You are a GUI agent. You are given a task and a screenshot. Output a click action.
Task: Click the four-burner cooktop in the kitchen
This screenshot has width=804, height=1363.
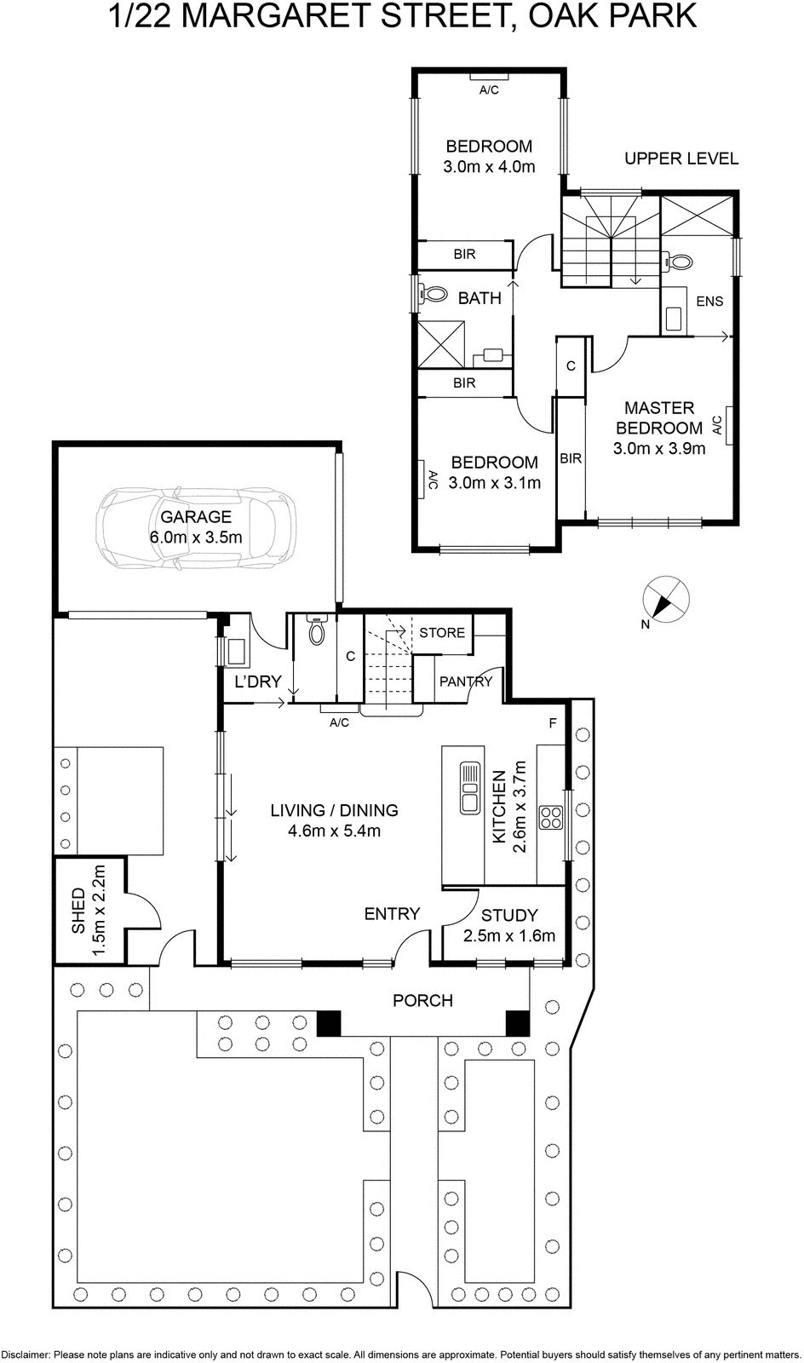pos(552,817)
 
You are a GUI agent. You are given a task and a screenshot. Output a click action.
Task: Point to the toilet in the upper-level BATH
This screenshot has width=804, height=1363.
pos(434,295)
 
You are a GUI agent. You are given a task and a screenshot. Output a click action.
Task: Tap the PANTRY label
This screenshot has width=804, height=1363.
pos(466,681)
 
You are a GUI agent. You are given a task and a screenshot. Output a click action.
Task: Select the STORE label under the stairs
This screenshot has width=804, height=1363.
pos(442,632)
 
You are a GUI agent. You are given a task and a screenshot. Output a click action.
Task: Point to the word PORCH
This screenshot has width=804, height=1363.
pos(422,1000)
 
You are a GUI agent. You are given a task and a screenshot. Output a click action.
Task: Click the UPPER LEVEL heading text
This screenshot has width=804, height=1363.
pos(681,158)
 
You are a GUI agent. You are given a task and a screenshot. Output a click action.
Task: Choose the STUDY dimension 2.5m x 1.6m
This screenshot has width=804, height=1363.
pos(509,935)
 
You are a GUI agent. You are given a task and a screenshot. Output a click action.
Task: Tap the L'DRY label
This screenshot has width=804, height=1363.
pos(258,681)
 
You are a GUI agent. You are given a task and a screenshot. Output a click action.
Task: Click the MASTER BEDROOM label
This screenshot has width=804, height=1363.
pos(659,417)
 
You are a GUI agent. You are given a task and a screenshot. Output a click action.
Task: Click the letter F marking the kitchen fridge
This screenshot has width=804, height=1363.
pos(552,724)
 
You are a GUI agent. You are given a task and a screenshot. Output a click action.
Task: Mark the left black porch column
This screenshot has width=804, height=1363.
pos(329,1022)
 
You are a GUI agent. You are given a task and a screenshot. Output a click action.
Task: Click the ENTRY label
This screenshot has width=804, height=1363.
pos(392,913)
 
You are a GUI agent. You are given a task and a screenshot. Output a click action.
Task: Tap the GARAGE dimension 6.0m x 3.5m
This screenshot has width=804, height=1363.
pos(197,537)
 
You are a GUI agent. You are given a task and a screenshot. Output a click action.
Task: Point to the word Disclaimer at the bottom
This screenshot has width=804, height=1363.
pos(26,1354)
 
